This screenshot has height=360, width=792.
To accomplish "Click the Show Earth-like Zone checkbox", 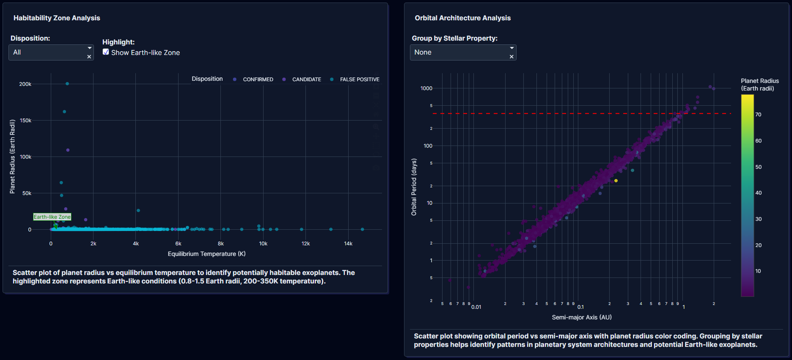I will (106, 52).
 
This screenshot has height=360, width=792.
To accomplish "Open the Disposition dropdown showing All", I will (47, 52).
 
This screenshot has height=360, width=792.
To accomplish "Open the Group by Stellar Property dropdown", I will (459, 52).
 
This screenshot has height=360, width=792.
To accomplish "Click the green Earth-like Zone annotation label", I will (52, 217).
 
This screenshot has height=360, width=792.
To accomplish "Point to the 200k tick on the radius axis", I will (25, 84).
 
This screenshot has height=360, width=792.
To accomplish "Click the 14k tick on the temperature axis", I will (348, 244).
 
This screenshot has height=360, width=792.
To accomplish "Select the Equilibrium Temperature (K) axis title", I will (206, 254).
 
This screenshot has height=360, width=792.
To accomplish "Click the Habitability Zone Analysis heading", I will (57, 18).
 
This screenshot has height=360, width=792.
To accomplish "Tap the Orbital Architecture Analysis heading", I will (462, 18).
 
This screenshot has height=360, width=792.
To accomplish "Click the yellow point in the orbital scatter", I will (616, 181).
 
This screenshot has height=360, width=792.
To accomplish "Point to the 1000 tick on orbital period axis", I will (426, 88).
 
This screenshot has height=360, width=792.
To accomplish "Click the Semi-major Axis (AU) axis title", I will (582, 317).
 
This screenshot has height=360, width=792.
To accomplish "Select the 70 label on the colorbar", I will (758, 115).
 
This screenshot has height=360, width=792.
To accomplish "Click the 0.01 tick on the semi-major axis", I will (476, 307).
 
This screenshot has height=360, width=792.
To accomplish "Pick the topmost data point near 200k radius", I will (67, 84).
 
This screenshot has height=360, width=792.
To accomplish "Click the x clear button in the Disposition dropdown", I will (89, 57).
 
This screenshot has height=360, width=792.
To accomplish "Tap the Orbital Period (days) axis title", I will (414, 187).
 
